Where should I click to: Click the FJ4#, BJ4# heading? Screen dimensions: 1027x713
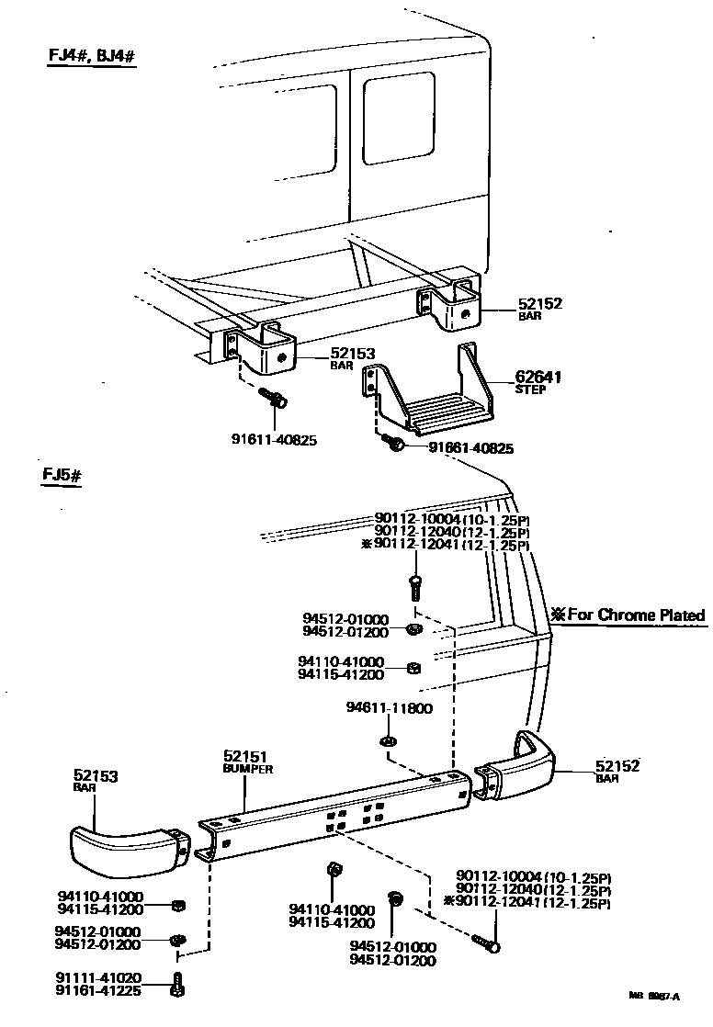pyautogui.click(x=92, y=53)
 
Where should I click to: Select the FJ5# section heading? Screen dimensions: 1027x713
pyautogui.click(x=62, y=476)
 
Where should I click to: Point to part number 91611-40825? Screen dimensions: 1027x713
pyautogui.click(x=274, y=440)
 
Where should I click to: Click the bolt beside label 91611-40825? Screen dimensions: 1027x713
pyautogui.click(x=275, y=400)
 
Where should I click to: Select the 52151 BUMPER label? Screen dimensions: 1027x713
pyautogui.click(x=247, y=761)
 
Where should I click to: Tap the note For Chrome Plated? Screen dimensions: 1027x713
pyautogui.click(x=628, y=615)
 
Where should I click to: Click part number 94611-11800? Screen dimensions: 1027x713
pyautogui.click(x=389, y=708)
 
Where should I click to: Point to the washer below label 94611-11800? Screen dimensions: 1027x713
pyautogui.click(x=387, y=740)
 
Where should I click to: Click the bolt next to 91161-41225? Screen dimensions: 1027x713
pyautogui.click(x=176, y=984)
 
